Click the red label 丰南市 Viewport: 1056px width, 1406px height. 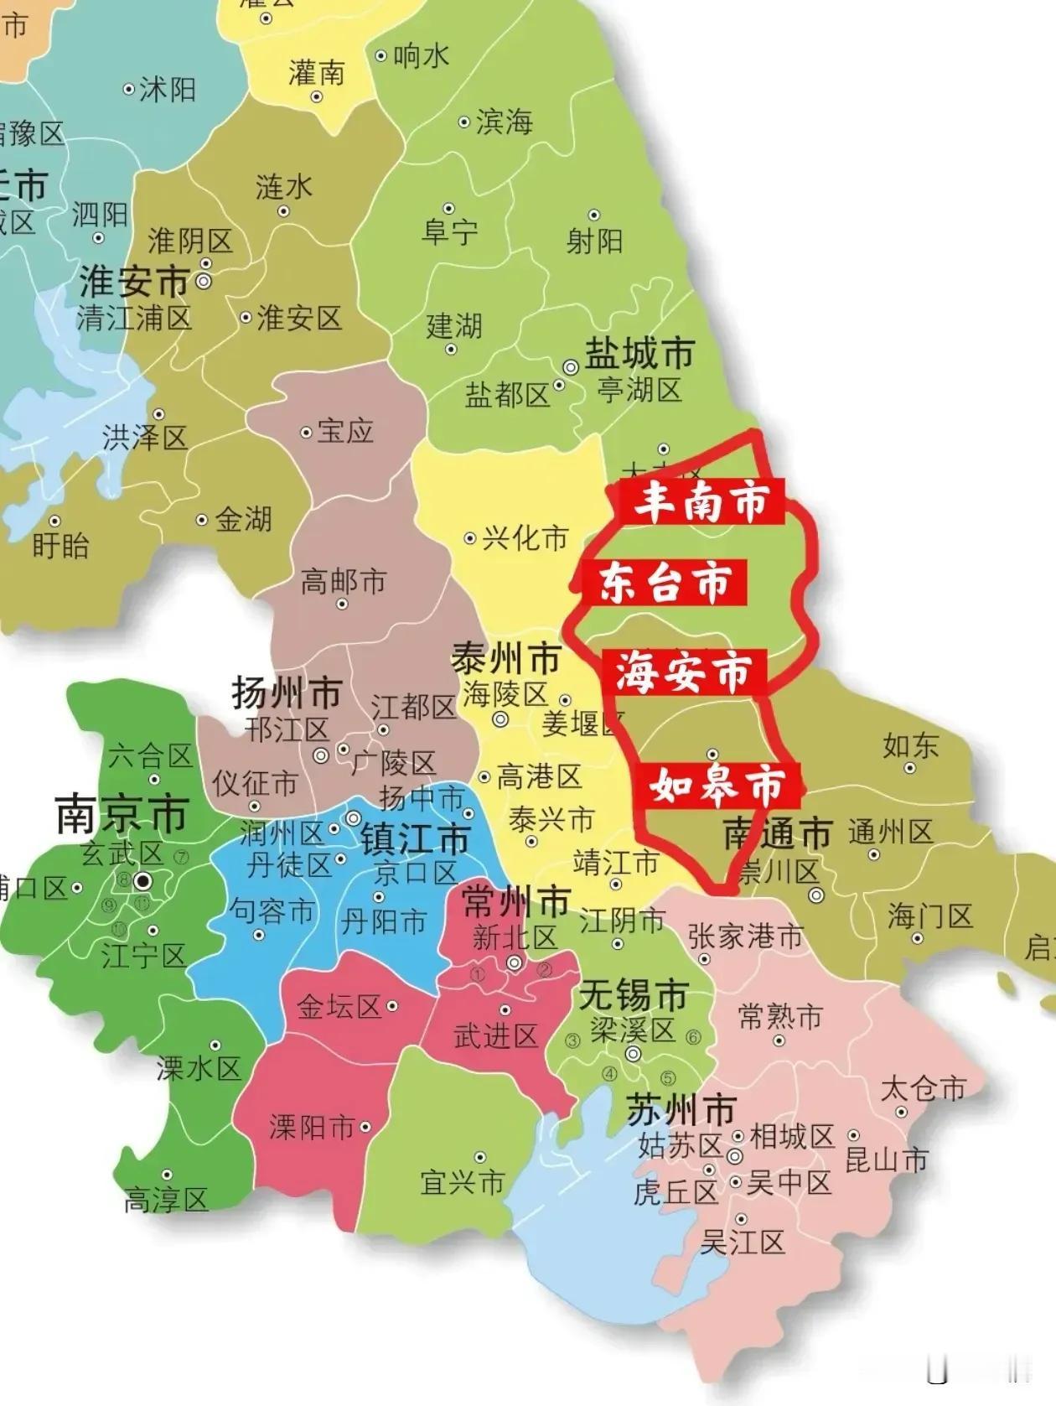pyautogui.click(x=701, y=501)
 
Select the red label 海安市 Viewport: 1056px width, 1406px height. pyautogui.click(x=684, y=672)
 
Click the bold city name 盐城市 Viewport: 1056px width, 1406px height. pyautogui.click(x=639, y=354)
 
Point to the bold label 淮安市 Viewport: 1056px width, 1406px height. pyautogui.click(x=134, y=282)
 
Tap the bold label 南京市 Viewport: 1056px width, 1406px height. pyautogui.click(x=122, y=814)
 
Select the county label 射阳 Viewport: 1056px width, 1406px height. pyautogui.click(x=594, y=241)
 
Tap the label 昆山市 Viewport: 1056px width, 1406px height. pyautogui.click(x=887, y=1160)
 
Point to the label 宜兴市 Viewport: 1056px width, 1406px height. pyautogui.click(x=463, y=1181)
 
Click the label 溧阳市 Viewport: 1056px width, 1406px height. pyautogui.click(x=312, y=1128)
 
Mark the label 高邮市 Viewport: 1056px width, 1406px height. pyautogui.click(x=343, y=580)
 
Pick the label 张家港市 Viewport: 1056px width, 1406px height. pyautogui.click(x=745, y=936)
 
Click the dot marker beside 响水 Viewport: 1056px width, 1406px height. pyautogui.click(x=380, y=56)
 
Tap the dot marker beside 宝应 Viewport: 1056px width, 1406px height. pyautogui.click(x=306, y=433)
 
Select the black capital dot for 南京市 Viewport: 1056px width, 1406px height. pyautogui.click(x=143, y=881)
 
